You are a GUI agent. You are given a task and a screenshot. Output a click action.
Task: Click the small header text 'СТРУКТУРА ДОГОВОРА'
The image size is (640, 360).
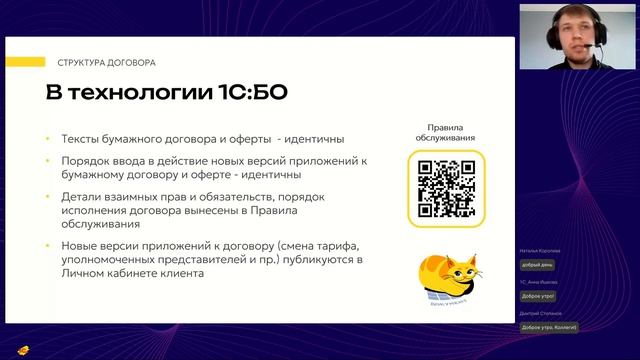(x=106, y=62)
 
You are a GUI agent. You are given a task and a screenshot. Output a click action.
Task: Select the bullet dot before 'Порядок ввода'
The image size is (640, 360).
(x=49, y=161)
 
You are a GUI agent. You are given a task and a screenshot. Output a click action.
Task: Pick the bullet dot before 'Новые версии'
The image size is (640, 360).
(x=49, y=247)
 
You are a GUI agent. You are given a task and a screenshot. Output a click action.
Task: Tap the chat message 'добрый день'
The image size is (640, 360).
(x=537, y=265)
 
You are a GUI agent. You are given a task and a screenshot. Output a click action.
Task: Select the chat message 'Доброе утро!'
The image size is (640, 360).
(x=538, y=296)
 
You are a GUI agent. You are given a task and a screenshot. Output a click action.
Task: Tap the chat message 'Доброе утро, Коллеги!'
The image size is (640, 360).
(x=550, y=328)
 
